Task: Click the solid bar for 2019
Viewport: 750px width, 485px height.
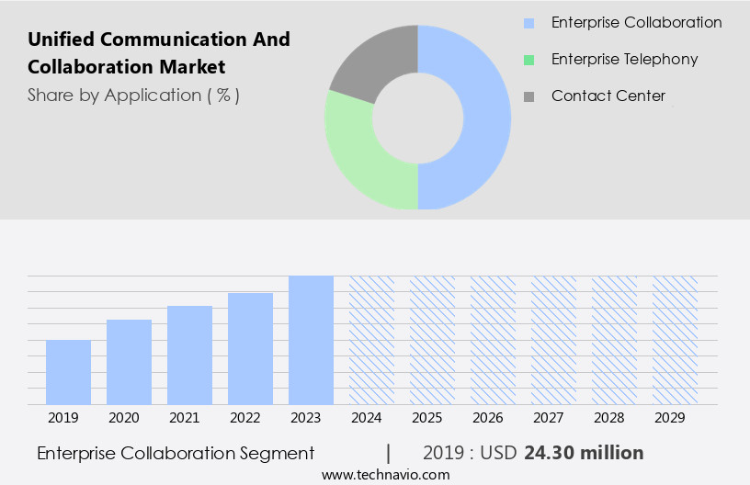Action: [x=68, y=372]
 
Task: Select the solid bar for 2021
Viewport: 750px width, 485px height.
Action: [x=189, y=355]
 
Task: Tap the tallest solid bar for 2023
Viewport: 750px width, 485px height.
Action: [x=311, y=340]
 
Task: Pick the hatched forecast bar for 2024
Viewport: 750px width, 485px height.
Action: [x=371, y=340]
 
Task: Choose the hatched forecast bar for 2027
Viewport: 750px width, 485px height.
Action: [x=553, y=340]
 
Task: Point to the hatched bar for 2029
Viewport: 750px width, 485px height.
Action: [x=675, y=340]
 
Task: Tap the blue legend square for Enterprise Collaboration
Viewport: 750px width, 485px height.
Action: [x=528, y=23]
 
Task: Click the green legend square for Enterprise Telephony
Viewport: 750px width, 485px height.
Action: [x=528, y=60]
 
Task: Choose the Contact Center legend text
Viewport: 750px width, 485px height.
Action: [x=608, y=96]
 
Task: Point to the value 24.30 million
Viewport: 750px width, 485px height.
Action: [x=584, y=453]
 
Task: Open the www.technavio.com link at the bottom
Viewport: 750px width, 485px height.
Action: [x=386, y=475]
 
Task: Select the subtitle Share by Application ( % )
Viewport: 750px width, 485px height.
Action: [x=133, y=96]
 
